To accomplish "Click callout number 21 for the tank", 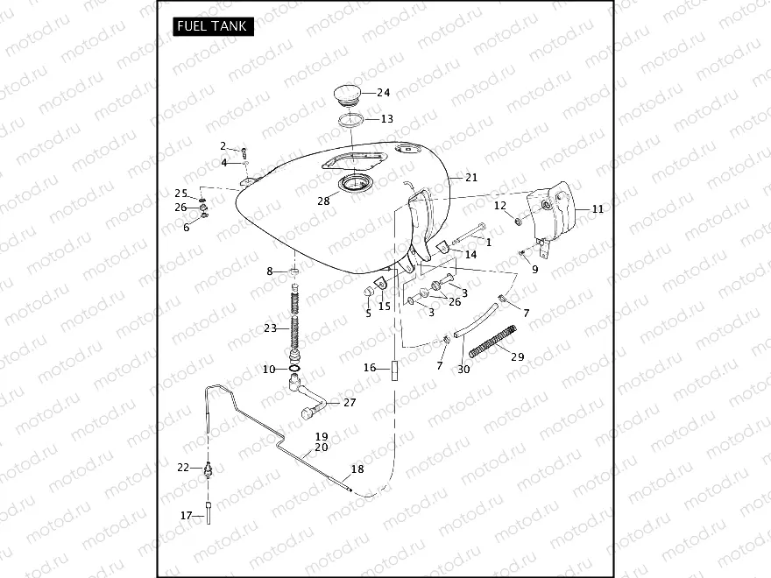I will (471, 178).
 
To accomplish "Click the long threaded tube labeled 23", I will (294, 322).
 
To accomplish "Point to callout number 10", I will (269, 370).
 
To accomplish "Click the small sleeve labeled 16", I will (393, 369).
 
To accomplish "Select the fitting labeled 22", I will (208, 468).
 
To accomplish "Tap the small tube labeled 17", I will (209, 511).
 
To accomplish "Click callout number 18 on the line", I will (357, 469).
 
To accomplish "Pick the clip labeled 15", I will (382, 284).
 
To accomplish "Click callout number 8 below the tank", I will (270, 271).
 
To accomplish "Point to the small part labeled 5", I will (370, 292).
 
